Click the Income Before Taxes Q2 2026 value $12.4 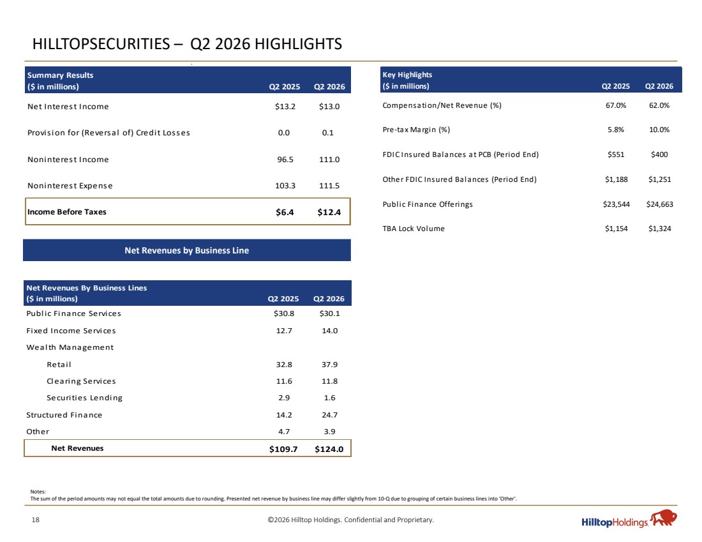329,213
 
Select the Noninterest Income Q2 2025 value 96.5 285,160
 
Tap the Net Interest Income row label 68,107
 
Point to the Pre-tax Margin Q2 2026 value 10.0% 659,130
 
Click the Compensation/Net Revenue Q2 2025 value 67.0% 616,105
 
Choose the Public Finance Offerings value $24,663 659,204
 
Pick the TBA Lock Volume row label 414,229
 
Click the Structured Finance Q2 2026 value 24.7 329,415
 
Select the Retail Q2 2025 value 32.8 284,365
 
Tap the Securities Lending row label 84,398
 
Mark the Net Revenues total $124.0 329,449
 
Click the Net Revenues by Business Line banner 187,250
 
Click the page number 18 35,520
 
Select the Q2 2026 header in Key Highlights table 659,86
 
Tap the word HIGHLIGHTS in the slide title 298,44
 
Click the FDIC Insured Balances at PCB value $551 616,154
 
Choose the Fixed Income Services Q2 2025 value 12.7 284,331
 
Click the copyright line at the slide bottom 350,520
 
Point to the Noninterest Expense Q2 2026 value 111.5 329,185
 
